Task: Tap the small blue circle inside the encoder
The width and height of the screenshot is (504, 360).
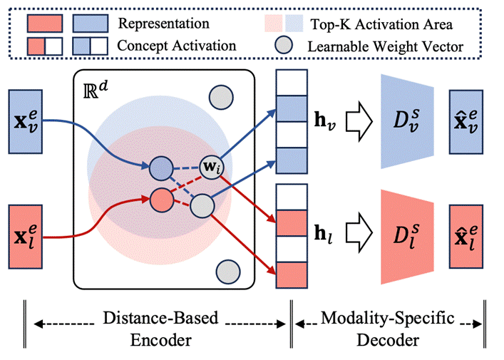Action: (x=161, y=168)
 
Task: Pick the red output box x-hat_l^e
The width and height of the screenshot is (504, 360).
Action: (x=468, y=231)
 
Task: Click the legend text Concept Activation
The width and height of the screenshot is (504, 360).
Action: (x=177, y=46)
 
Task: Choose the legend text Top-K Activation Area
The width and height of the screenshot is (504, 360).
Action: (x=381, y=23)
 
